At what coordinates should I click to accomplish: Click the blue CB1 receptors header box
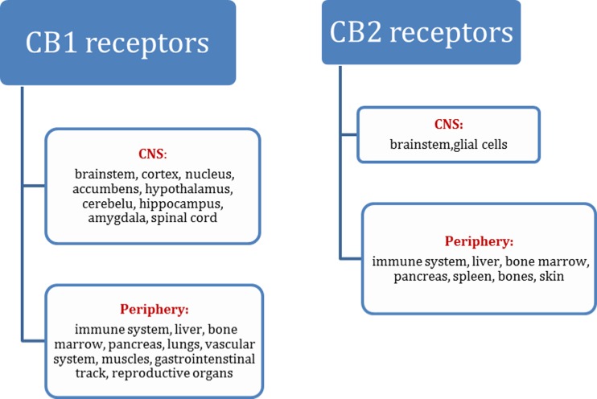117,43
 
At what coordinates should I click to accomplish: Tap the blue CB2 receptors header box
421,33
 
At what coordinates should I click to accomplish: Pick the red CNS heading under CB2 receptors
448,125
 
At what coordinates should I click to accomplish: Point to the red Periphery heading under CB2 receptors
479,241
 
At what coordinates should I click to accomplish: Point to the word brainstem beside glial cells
415,145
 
